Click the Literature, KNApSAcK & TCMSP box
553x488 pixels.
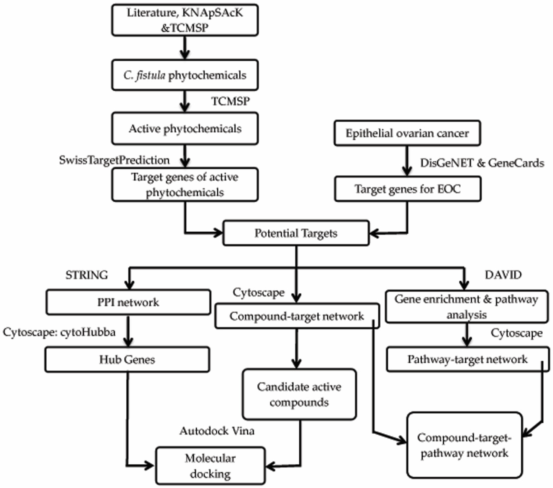click(x=185, y=20)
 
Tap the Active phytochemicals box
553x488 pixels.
click(x=185, y=129)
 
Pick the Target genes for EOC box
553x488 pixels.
click(x=407, y=189)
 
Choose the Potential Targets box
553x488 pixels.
click(x=296, y=233)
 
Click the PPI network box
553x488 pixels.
click(x=128, y=302)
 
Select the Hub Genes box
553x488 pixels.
click(x=127, y=359)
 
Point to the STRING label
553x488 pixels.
click(x=87, y=275)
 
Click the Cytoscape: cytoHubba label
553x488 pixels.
click(x=59, y=332)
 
